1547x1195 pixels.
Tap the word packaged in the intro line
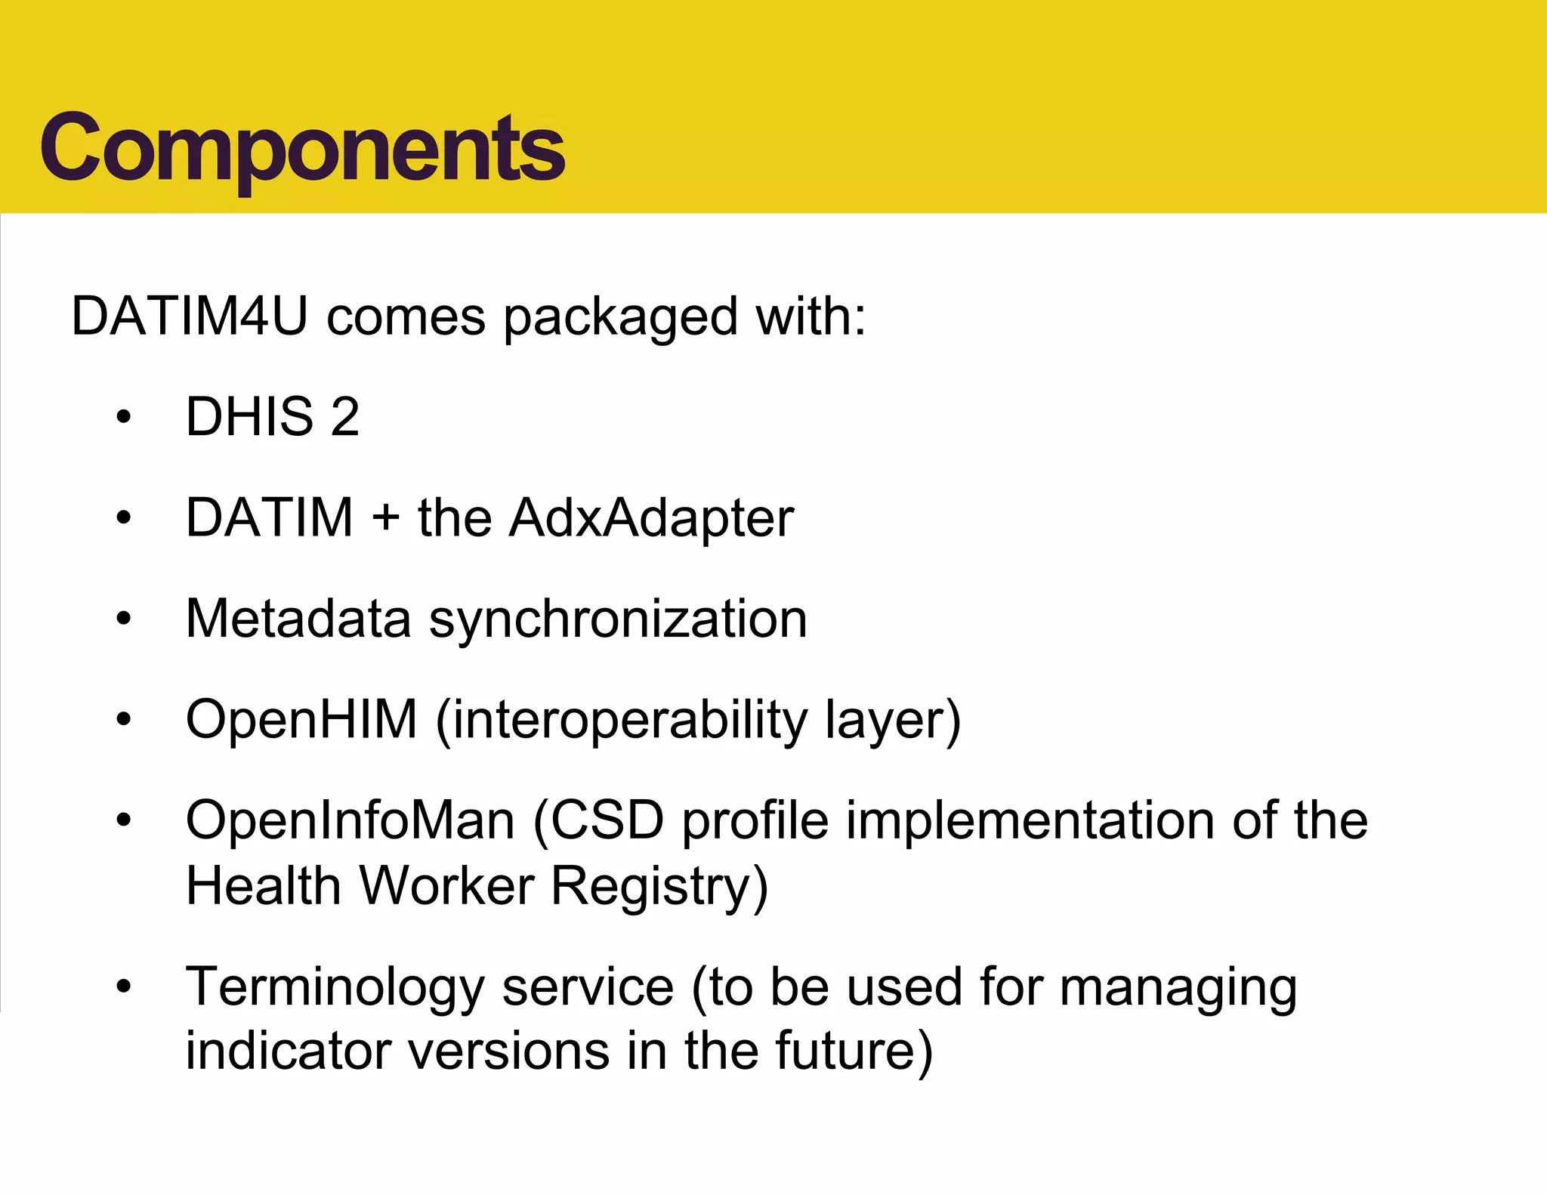coord(619,317)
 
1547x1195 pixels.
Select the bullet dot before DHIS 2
coord(124,417)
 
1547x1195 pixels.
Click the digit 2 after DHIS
coord(344,416)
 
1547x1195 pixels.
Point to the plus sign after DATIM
coord(385,519)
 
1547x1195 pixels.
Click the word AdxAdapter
coord(651,519)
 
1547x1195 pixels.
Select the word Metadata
coord(298,619)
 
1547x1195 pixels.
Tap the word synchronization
coord(618,620)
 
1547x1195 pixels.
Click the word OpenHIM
coord(301,719)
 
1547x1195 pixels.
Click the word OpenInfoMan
coord(350,820)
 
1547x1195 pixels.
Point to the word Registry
coord(659,887)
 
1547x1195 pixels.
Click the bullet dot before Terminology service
coord(124,987)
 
